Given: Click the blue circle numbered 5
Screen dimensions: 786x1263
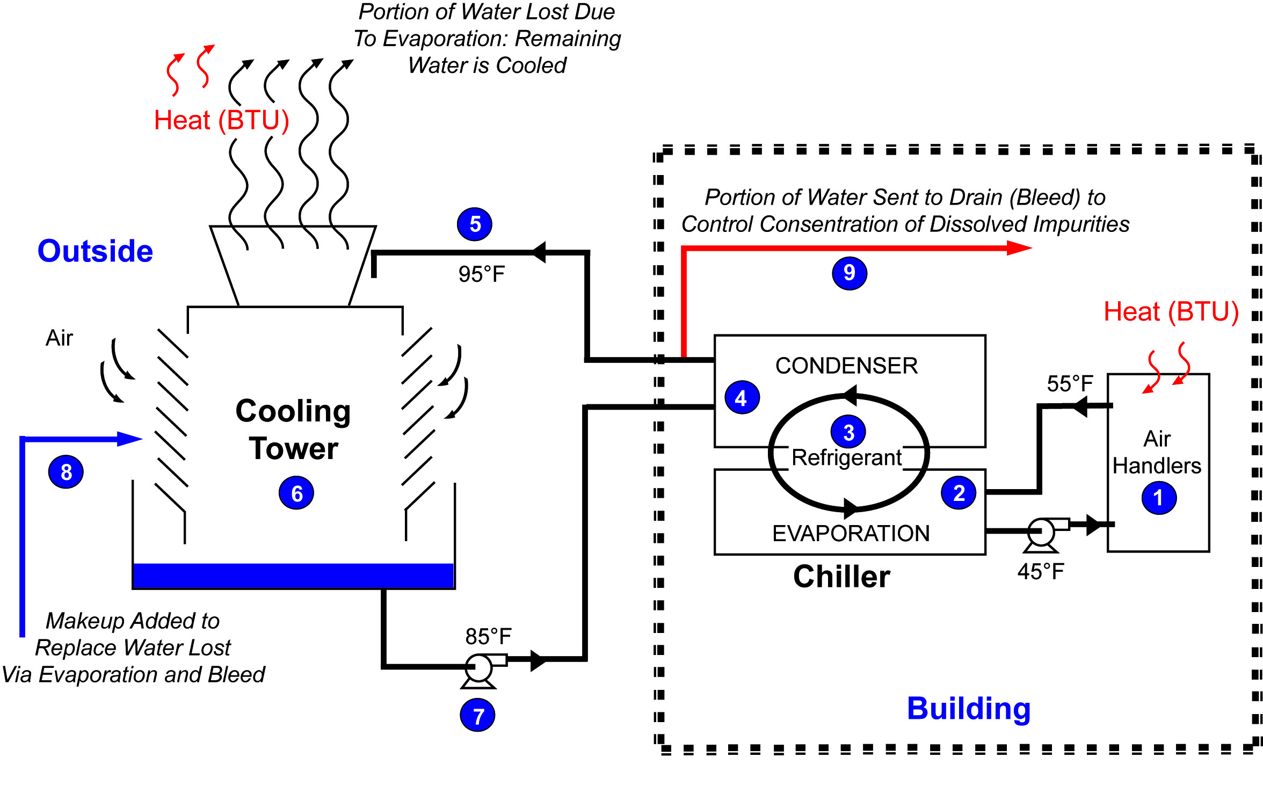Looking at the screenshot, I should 475,224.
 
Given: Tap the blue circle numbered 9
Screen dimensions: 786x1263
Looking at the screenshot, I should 849,273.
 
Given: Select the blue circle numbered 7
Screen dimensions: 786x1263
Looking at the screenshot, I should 477,715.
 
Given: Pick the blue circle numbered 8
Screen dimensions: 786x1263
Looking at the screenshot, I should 66,472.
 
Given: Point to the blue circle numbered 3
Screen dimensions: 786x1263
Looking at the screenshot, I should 848,432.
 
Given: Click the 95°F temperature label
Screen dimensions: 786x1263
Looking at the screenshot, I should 482,274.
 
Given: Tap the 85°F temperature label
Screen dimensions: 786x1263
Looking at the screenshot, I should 488,637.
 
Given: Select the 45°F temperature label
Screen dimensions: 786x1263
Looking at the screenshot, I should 1040,572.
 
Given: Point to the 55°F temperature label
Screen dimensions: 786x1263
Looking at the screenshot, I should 1070,384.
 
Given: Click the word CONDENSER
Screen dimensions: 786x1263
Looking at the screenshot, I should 846,366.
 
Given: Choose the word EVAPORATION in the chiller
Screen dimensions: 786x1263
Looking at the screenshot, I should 851,534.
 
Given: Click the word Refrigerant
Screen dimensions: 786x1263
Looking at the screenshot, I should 846,458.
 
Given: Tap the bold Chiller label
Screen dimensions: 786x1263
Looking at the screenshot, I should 841,577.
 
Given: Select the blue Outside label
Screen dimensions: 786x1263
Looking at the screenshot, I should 95,251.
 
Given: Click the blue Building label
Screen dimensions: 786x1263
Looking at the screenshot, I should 969,709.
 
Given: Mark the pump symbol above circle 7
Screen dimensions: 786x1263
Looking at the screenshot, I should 478,669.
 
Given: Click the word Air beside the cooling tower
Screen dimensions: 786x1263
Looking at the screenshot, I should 59,338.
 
